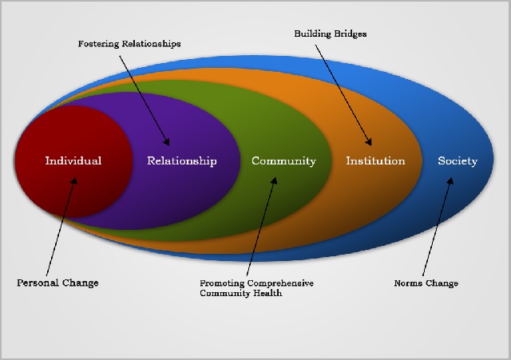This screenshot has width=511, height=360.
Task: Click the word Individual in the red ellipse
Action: [x=73, y=160]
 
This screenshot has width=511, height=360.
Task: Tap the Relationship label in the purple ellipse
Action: [x=181, y=160]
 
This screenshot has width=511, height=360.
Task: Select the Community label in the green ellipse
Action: [x=283, y=160]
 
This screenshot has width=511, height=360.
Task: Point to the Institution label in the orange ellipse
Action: [x=375, y=160]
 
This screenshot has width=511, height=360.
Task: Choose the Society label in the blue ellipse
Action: [x=458, y=160]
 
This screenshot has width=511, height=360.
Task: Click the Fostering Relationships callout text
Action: [x=129, y=44]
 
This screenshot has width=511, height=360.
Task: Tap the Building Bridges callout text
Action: [x=330, y=34]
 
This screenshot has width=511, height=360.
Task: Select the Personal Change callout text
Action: [x=57, y=283]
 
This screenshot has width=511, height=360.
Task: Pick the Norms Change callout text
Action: [x=427, y=283]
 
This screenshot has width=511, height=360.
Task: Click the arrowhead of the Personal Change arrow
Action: [x=77, y=178]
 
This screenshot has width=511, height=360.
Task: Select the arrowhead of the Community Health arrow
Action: [x=276, y=179]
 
